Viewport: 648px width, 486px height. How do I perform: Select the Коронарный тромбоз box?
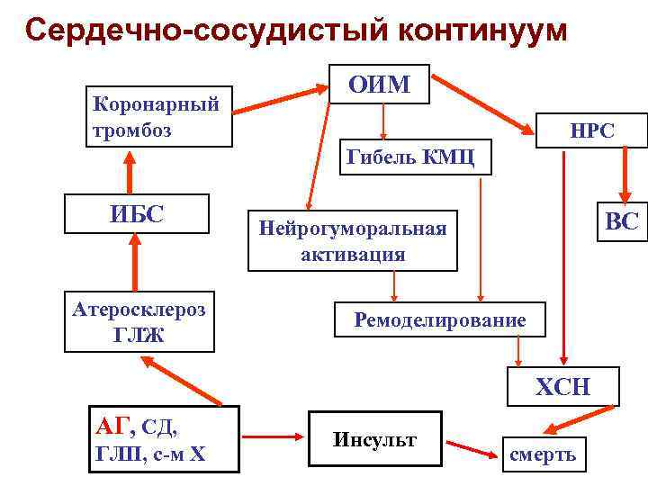point(158,117)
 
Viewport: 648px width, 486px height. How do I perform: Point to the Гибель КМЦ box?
point(415,158)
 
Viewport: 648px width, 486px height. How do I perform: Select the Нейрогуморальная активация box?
point(352,241)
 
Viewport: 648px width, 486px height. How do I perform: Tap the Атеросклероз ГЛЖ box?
point(139,322)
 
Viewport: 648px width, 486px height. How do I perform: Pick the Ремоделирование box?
point(439,319)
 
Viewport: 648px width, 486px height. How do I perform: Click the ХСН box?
point(562,387)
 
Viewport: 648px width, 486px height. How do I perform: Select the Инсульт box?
point(374,441)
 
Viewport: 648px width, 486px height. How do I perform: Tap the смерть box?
point(543,454)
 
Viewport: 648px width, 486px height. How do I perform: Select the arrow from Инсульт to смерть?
point(471,446)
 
